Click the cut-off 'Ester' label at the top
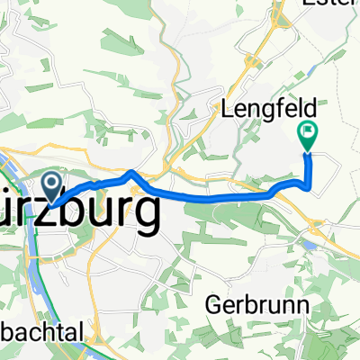(333, 4)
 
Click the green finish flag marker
(308, 135)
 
